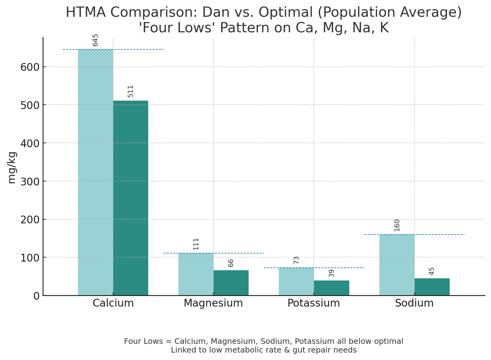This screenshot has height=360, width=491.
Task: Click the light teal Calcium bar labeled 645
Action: (95, 172)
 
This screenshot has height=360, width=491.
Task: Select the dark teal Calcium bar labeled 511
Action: (131, 198)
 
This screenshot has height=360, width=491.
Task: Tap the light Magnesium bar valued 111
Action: (196, 274)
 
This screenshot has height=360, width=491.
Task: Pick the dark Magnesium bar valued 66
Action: (231, 283)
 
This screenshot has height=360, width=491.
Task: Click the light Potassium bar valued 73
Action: (296, 281)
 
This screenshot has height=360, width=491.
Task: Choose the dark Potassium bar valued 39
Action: (332, 288)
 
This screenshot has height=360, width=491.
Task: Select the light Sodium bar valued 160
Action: (397, 265)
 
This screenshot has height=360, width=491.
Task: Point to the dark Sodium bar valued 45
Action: (432, 287)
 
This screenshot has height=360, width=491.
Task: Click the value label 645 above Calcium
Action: (95, 40)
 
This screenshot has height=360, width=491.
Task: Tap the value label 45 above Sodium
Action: (432, 271)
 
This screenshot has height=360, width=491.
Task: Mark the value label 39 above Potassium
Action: (331, 273)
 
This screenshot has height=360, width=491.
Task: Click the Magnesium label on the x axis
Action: (213, 303)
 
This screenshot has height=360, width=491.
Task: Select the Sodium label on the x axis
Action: (414, 303)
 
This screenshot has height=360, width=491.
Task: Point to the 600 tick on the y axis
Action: (30, 67)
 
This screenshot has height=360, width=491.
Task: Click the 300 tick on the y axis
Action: (30, 181)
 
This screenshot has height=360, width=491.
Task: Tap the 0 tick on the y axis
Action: (37, 296)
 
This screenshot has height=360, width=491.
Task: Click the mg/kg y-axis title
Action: (12, 168)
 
